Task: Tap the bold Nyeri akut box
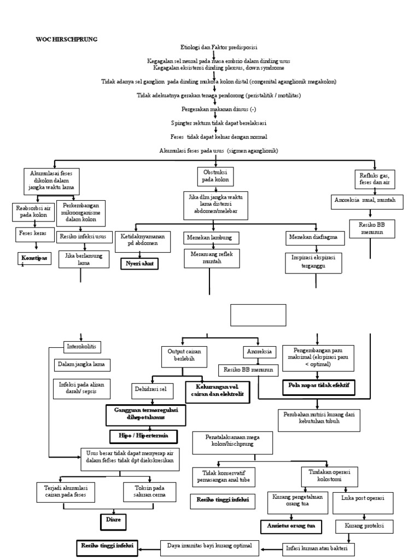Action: tap(139, 264)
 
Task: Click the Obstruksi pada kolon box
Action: tap(215, 176)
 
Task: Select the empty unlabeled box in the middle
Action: tap(258, 315)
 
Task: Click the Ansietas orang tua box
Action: tap(290, 526)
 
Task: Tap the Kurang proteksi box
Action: tap(365, 526)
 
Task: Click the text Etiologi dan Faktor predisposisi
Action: tap(215, 48)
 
